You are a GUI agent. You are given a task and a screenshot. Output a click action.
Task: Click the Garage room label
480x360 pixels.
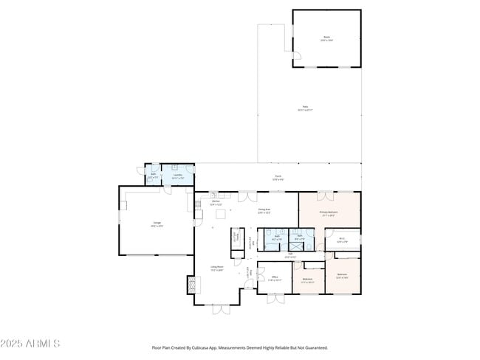pos(157,224)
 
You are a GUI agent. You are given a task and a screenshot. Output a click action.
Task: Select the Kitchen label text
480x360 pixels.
pos(216,202)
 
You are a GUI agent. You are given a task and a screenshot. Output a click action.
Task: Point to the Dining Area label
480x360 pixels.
pos(264,211)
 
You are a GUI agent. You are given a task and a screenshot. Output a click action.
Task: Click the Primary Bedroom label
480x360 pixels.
pos(329,214)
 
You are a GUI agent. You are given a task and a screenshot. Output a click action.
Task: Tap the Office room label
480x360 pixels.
pos(274,279)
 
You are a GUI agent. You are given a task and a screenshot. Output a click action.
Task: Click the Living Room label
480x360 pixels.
pos(217,269)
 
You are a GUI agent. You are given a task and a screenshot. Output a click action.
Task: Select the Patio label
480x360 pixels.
pos(304,108)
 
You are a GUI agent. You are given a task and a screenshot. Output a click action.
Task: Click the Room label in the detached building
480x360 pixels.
pos(326,38)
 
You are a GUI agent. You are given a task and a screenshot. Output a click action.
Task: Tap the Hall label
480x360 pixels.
pos(291,255)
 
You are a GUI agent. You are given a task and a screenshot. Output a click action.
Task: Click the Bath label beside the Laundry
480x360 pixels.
pos(153,176)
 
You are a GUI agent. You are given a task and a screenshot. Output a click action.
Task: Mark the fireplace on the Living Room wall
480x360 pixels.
pos(193,284)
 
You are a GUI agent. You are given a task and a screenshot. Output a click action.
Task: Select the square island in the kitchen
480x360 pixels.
pos(219,214)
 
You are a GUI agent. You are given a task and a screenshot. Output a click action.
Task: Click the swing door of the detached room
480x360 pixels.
pos(296,56)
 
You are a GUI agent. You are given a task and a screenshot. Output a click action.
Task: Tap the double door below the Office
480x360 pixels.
pos(275,299)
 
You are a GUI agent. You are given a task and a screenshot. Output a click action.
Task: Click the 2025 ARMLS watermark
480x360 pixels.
pos(31,344)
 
